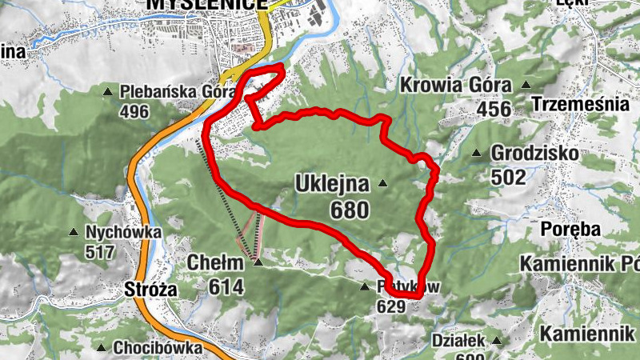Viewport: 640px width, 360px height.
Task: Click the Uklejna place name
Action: [332, 184]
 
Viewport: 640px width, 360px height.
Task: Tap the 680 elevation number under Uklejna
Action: [348, 210]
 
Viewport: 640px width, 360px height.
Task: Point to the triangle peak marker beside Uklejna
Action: [383, 184]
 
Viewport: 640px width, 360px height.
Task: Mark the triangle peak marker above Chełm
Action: [257, 261]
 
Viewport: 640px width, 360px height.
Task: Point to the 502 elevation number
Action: [510, 177]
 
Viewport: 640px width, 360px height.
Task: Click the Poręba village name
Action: [571, 230]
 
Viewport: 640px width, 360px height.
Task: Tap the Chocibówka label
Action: [150, 348]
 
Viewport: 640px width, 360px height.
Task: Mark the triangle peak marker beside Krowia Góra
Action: [526, 85]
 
